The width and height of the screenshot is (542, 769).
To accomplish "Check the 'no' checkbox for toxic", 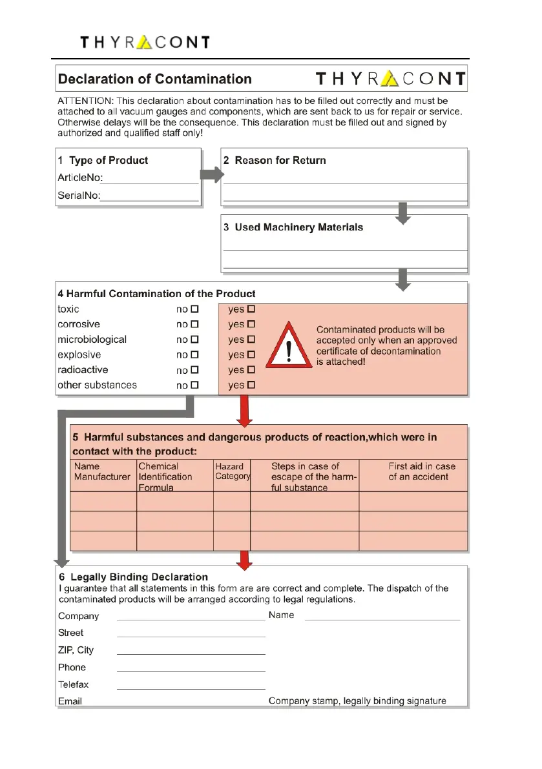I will point(195,309).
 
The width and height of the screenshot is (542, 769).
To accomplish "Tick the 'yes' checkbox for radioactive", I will point(252,370).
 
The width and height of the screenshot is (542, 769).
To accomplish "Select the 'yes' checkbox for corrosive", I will point(252,324).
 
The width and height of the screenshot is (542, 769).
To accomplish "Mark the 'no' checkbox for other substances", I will point(195,385).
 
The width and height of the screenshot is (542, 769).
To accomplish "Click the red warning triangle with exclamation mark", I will point(288,349).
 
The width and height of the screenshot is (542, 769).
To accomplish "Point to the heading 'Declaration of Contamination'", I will point(155,79).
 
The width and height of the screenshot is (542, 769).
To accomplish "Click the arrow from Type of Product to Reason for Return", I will point(212,175).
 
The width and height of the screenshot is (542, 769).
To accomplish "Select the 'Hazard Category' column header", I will point(232,471).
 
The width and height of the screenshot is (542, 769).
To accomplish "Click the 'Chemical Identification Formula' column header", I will point(165,477).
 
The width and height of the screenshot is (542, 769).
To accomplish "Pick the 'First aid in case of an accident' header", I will point(421,471).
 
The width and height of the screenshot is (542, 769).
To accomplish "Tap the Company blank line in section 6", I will point(191,619).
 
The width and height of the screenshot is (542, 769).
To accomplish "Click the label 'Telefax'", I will point(74,684).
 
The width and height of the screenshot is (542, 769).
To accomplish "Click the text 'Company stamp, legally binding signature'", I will point(357,701).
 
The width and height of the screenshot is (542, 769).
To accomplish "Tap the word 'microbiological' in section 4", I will point(92,340).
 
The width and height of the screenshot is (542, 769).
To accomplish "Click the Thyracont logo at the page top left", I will point(145,43).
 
